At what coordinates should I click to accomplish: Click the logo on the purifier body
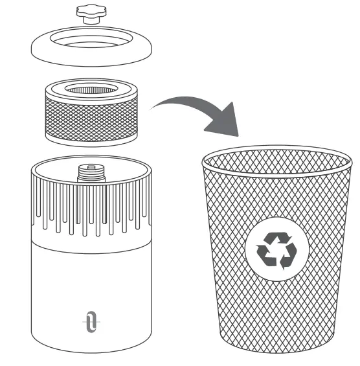(90, 322)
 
